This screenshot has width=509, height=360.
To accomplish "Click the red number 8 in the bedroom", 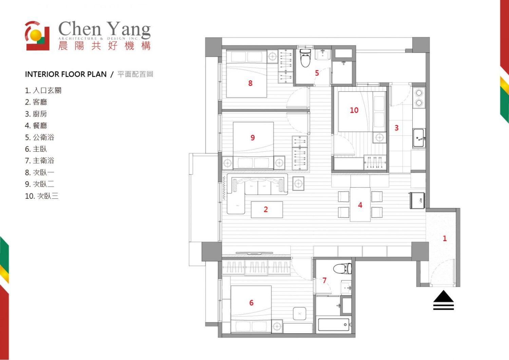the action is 250,83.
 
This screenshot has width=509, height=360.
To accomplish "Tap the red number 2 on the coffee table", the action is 266,209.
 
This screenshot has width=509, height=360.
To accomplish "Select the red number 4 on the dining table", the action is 360,205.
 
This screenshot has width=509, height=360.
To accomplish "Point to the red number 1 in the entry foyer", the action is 445,238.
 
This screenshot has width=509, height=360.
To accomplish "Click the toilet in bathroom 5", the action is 305,58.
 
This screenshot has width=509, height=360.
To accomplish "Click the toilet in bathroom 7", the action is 342,269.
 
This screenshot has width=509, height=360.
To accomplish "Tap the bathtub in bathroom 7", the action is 334,325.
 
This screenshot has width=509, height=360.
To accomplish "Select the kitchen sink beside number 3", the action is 419,138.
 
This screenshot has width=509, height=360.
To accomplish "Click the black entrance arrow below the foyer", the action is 443,300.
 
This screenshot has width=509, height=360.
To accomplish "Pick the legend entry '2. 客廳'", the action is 36,102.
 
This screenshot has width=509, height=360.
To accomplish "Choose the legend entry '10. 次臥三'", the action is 42,196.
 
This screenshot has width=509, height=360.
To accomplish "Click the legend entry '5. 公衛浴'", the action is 40,137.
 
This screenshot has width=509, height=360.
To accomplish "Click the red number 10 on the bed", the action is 354,110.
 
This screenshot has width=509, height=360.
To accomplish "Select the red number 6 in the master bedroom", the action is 251,303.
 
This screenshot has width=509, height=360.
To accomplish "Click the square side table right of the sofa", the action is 298,184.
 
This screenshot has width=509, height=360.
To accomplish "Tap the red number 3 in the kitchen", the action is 397,128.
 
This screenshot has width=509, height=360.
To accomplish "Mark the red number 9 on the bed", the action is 252,137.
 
